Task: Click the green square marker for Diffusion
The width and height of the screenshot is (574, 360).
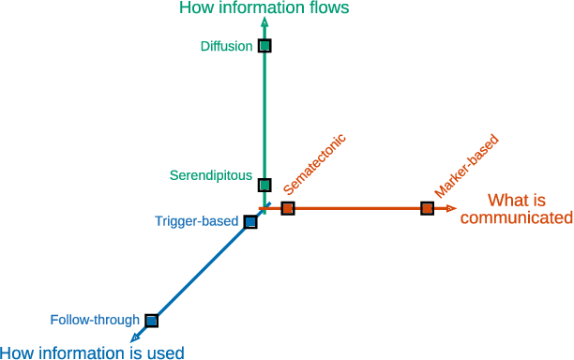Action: coord(264,46)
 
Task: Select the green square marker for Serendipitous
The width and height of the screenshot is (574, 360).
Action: coord(264,186)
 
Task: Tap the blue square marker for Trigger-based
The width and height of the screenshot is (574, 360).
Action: coord(249,222)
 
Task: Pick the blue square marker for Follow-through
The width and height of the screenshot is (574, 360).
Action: coord(152,321)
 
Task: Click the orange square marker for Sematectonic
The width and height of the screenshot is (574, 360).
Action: coord(288,208)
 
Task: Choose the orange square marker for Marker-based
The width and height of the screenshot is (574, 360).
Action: coord(427,208)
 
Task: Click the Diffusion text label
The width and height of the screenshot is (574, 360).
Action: coord(226,46)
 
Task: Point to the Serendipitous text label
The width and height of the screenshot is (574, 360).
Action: coord(210,175)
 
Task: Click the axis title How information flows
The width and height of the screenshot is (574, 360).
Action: coord(264,8)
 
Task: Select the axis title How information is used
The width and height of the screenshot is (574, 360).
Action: coord(92,352)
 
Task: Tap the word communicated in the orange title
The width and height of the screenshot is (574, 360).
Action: coord(516,218)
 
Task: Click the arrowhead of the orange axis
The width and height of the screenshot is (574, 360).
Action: coord(451,208)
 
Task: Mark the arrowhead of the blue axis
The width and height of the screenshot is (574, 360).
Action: coord(137,337)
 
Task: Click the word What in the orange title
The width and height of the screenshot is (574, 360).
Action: coord(506,200)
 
